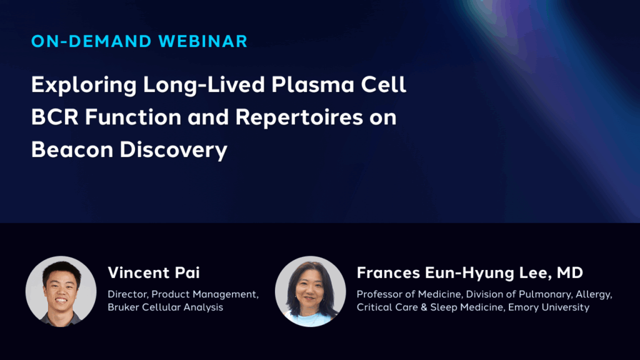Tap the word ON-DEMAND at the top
[91, 42]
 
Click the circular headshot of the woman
[311, 291]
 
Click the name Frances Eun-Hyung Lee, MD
[470, 273]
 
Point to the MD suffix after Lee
[570, 273]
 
